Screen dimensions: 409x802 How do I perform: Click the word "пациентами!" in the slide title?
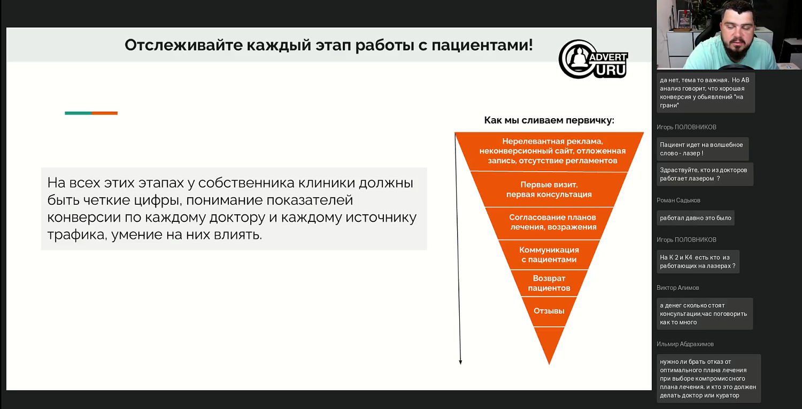[482, 45]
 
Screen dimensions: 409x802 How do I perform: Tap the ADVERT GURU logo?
[593, 59]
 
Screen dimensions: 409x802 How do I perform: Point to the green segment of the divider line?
[78, 113]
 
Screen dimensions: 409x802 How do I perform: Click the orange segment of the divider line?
[104, 113]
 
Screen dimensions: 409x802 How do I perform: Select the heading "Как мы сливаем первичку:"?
[549, 120]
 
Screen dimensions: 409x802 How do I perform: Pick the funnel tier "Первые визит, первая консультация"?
[549, 190]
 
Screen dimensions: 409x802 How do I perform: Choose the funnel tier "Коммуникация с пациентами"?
[549, 254]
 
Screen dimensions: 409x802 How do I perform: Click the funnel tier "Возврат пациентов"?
[549, 283]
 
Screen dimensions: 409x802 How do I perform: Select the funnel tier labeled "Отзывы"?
[549, 311]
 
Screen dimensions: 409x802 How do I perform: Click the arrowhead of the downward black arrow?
[460, 362]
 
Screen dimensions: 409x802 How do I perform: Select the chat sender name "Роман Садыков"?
[678, 200]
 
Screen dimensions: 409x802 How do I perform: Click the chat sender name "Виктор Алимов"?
[677, 288]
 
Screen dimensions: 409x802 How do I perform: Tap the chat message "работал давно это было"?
[695, 218]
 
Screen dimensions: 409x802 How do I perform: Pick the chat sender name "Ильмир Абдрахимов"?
[685, 344]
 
